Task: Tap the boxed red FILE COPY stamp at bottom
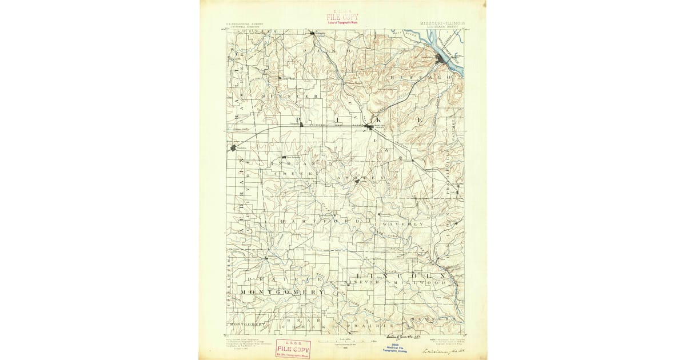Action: [293, 349]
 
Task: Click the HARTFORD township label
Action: [319, 220]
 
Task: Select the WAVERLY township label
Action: [404, 224]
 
